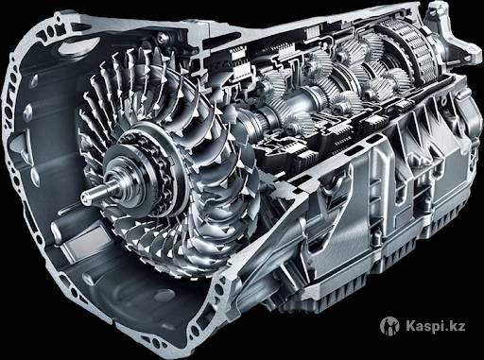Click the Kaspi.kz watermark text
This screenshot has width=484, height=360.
click(435, 325)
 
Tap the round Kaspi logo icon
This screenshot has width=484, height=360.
click(389, 325)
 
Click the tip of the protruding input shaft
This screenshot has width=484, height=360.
click(84, 197)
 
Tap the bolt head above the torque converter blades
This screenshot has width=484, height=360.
click(162, 39)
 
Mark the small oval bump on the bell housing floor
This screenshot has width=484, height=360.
click(164, 294)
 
